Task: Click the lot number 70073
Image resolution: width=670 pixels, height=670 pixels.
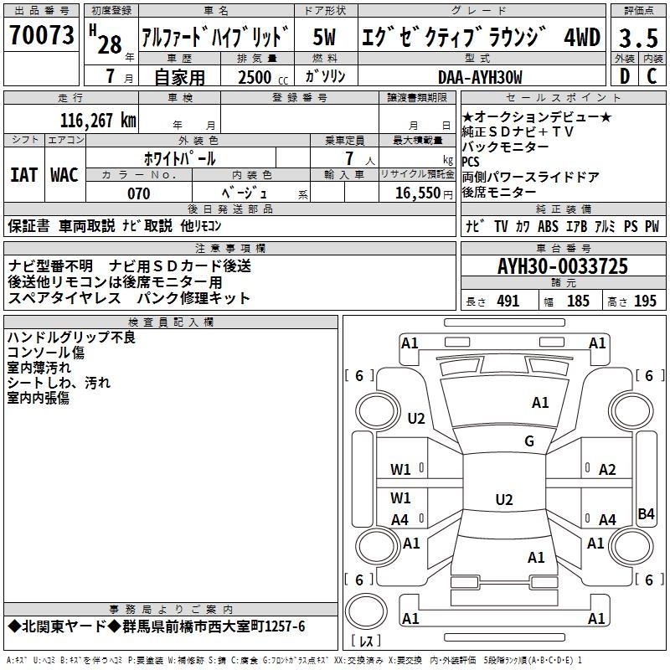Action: (42, 36)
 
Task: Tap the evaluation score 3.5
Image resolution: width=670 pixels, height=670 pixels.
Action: (637, 38)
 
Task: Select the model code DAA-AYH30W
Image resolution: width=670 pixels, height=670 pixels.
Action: (479, 77)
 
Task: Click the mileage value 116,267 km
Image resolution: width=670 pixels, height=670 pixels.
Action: (98, 120)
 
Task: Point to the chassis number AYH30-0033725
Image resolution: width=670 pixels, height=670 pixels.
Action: (562, 267)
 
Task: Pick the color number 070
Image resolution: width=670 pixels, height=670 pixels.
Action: (138, 193)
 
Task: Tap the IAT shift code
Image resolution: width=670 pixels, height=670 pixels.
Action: (23, 175)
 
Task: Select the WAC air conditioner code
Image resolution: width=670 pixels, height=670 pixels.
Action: (64, 175)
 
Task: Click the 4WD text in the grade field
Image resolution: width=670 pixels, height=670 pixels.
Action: (581, 38)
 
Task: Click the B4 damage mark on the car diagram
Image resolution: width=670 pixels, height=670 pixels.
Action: (646, 513)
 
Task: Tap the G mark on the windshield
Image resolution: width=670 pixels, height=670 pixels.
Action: (528, 441)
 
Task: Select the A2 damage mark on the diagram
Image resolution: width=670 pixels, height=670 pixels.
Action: (607, 470)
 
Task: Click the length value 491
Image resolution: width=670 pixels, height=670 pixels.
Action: (508, 301)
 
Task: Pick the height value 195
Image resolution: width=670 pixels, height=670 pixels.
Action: (645, 301)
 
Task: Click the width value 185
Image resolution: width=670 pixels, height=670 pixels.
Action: (578, 301)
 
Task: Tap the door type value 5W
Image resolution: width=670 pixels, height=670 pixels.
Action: (325, 38)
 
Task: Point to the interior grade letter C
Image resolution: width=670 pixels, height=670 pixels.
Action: (651, 76)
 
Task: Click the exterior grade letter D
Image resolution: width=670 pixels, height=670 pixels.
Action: (624, 76)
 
